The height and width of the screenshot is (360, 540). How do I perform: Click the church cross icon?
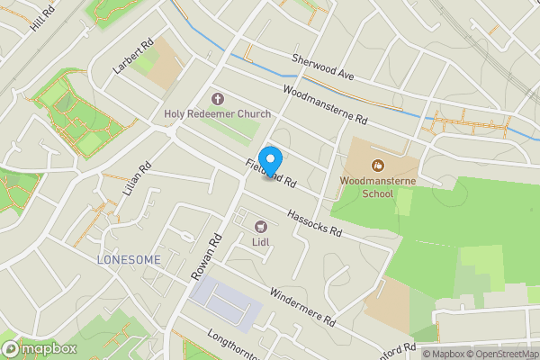tap(217, 98)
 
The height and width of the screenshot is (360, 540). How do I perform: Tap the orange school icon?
tap(378, 165)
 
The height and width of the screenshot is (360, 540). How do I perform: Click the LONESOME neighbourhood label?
tap(129, 259)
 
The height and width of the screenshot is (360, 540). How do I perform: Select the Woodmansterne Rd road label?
tap(325, 104)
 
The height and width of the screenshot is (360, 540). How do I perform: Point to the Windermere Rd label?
tap(301, 306)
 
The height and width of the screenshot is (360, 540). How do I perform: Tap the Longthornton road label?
tap(229, 346)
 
